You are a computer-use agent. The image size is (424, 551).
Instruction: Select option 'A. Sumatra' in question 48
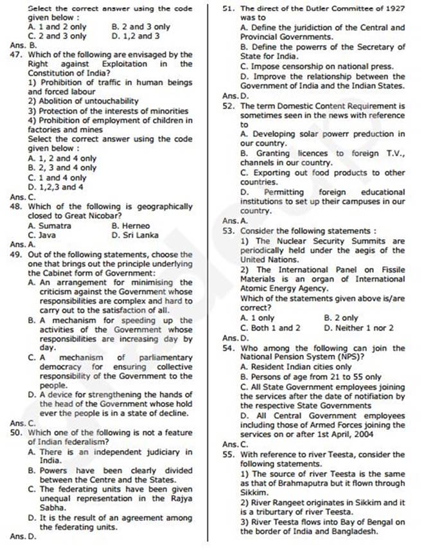pyautogui.click(x=49, y=226)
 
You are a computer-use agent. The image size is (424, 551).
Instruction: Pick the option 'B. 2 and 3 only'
pyautogui.click(x=141, y=27)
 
